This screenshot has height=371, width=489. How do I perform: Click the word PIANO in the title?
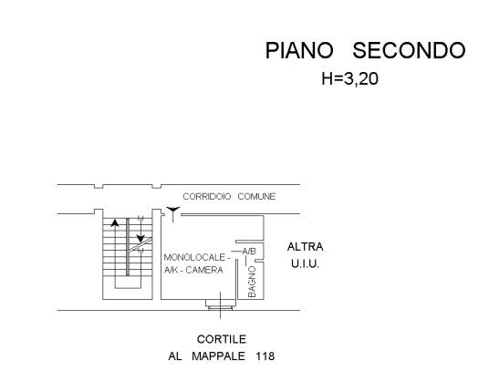tap(299, 50)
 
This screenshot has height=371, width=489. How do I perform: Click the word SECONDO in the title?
tap(409, 50)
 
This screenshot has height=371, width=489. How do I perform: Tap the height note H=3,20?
tap(350, 78)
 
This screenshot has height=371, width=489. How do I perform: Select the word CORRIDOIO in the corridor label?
tap(207, 197)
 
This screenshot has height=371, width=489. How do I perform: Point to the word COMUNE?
tap(256, 197)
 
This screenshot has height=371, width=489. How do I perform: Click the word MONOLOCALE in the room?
tap(194, 258)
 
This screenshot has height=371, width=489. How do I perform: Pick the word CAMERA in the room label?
tap(204, 270)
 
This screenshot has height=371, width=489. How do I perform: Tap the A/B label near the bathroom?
tap(249, 251)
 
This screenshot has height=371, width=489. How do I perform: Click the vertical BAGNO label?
tap(252, 282)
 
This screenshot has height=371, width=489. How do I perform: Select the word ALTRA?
tap(305, 247)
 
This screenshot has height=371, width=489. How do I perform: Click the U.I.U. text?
tap(305, 264)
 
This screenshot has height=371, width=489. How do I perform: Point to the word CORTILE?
tap(222, 339)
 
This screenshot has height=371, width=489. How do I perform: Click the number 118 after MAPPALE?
tap(265, 356)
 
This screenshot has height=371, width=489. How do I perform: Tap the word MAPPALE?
tap(218, 356)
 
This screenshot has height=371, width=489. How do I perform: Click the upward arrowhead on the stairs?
tap(115, 222)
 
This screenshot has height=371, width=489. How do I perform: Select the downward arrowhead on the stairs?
tap(140, 239)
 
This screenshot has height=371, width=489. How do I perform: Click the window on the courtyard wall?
tap(220, 304)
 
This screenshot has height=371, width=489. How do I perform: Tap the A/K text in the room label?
tap(171, 270)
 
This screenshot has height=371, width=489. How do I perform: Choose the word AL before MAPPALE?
tap(175, 356)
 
